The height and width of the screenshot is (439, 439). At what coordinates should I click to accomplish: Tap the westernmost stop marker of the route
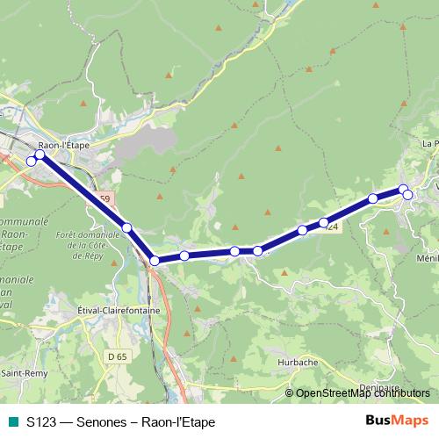point(32,161)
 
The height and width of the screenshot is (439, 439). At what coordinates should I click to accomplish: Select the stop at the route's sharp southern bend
point(154,260)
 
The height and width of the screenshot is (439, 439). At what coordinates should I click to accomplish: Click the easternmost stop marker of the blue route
point(408,194)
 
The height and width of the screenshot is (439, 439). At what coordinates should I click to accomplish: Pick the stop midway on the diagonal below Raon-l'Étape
point(126,228)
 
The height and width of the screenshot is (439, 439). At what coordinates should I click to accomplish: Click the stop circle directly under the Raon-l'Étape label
point(40,155)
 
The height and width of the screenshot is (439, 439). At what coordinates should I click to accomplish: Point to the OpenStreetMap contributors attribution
point(361,392)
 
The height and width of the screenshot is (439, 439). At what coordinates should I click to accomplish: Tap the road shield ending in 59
point(105,199)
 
